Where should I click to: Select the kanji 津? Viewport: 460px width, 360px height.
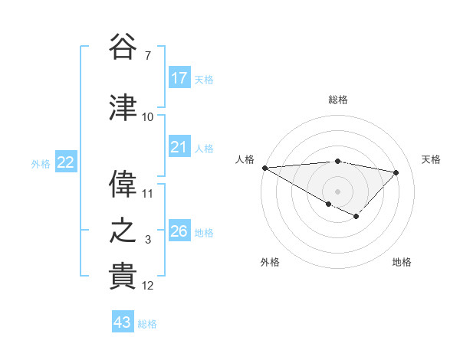click(123, 108)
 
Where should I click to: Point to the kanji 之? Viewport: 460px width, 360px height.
click(123, 231)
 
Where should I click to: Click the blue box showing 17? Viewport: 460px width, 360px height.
click(179, 78)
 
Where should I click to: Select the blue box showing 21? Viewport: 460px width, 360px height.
click(179, 147)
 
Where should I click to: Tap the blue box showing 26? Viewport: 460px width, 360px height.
click(179, 231)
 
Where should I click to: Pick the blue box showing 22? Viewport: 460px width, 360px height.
click(66, 162)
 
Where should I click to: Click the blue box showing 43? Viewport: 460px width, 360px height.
click(122, 322)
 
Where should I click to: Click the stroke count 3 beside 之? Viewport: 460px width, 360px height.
click(147, 241)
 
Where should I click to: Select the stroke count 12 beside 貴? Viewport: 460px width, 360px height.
click(148, 286)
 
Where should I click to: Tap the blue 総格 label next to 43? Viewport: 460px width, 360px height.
click(147, 324)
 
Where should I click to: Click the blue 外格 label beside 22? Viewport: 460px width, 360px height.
click(41, 164)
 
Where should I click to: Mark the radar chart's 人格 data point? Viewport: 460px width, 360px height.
click(264, 168)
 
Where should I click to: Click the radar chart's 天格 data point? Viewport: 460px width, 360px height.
click(396, 172)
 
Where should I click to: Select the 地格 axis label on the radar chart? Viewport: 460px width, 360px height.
click(402, 262)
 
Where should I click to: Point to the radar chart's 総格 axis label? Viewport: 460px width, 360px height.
click(337, 100)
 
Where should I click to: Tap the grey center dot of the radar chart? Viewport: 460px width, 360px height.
click(337, 190)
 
